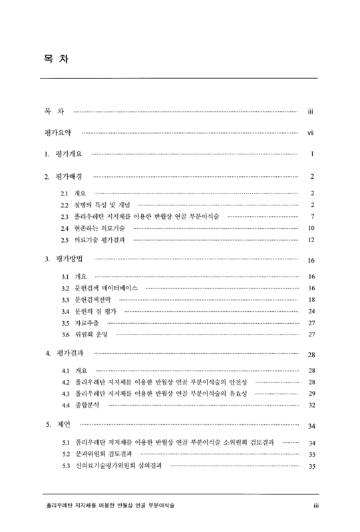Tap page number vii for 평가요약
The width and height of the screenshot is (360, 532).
310,133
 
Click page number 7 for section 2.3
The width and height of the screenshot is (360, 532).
312,217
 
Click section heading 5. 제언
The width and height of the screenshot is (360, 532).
59,424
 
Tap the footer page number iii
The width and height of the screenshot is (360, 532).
318,506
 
